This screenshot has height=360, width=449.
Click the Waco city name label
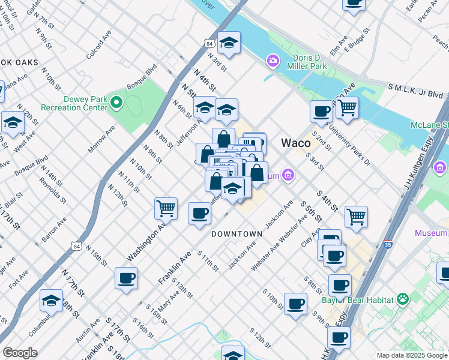[x=296, y=143]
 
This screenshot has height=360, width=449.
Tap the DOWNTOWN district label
[x=237, y=233]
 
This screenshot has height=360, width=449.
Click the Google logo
[x=20, y=353]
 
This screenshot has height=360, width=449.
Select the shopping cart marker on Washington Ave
[x=166, y=209]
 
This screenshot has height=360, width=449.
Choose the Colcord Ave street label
[x=98, y=45]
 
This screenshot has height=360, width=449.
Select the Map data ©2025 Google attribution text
[x=412, y=355]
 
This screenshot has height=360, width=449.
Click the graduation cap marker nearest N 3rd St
[x=229, y=43]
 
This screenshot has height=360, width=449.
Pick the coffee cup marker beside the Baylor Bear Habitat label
[x=340, y=286]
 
